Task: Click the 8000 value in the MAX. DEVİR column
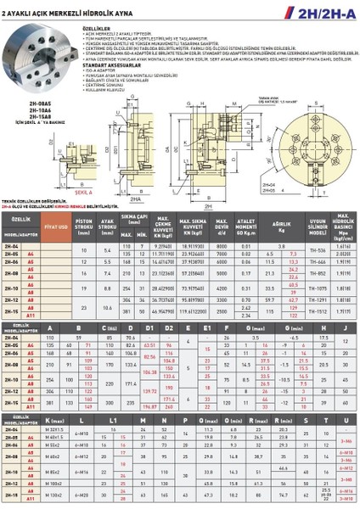click(x=222, y=244)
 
